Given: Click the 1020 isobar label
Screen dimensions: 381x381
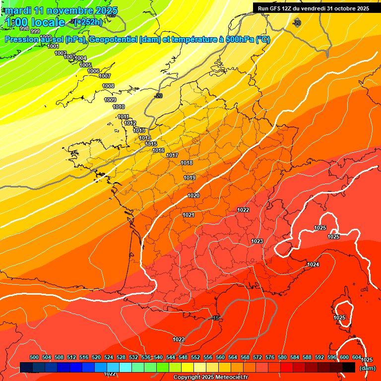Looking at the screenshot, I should tap(193, 196).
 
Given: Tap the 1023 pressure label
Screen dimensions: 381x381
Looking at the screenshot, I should tap(257, 242).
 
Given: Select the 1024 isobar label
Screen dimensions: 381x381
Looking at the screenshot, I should tap(313, 265).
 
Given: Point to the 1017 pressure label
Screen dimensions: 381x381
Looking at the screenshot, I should tap(172, 156).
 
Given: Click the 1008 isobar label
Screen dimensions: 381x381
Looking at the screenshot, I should tap(108, 86).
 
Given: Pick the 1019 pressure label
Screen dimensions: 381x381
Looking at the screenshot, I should tap(190, 178).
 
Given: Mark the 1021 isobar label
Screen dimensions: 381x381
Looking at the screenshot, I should tap(189, 215).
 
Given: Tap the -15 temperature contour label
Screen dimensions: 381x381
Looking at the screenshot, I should tap(215, 318).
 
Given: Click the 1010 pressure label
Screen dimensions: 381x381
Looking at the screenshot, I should tap(119, 107).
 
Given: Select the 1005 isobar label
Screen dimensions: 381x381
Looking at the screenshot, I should tap(85, 65).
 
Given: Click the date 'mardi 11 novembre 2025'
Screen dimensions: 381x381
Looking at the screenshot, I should tap(61, 10).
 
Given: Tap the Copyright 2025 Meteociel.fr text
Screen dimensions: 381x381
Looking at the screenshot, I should tap(210, 378).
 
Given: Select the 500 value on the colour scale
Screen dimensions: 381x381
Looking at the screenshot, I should tap(34, 357).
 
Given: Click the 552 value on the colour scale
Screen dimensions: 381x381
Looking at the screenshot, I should tap(195, 357).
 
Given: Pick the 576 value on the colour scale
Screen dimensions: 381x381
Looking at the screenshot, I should tap(270, 357).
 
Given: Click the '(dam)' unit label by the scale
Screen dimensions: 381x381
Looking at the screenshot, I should tap(368, 368).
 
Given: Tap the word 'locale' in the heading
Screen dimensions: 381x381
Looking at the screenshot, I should tap(48, 22).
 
